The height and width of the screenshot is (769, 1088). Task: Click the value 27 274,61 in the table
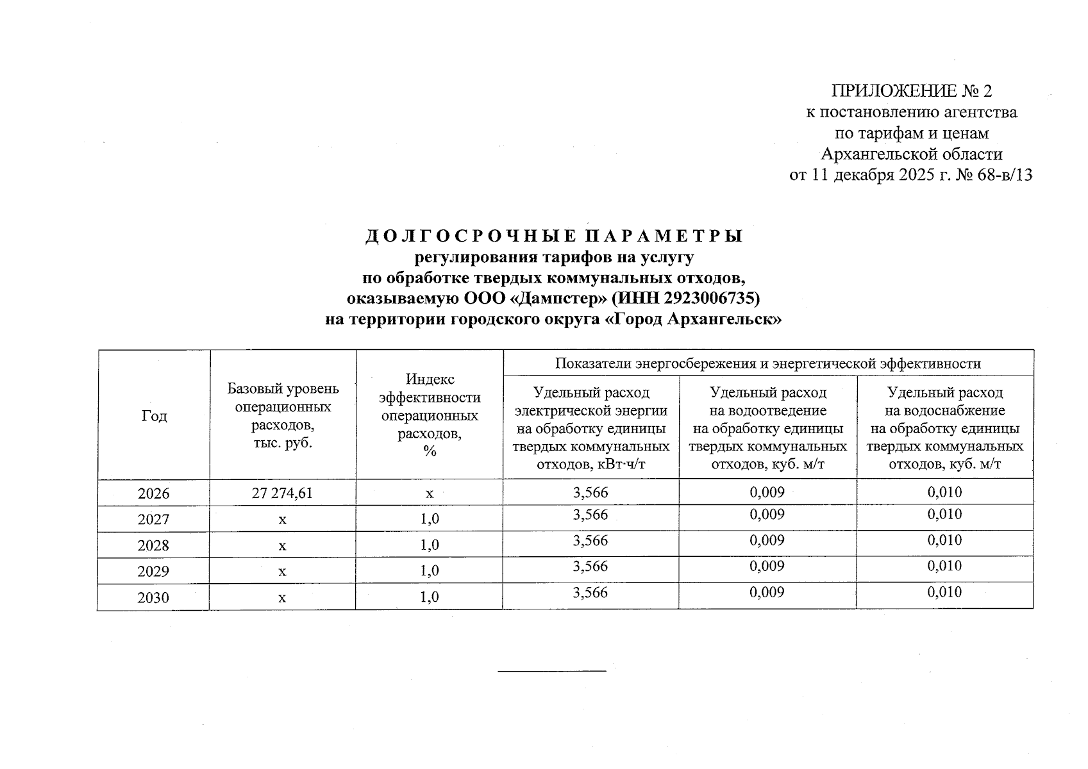click(282, 493)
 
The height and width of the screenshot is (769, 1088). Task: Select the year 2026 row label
click(154, 493)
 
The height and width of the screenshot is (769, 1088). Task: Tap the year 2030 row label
click(154, 598)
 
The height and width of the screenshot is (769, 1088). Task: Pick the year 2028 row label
click(154, 545)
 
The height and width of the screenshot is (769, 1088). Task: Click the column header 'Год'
click(154, 416)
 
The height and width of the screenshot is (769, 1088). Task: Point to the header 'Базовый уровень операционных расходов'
click(283, 415)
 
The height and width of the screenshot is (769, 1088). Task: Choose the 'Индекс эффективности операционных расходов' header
click(430, 415)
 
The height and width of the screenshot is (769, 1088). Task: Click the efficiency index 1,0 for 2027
click(430, 519)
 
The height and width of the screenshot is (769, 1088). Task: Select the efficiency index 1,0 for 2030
click(430, 597)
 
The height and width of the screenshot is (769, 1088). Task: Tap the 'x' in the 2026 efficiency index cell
click(430, 493)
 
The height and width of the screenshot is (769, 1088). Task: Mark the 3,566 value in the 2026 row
click(590, 492)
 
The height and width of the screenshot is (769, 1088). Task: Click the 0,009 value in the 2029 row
click(767, 566)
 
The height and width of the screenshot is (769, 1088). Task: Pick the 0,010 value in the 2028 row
click(944, 540)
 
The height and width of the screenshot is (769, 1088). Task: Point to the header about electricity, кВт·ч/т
click(590, 427)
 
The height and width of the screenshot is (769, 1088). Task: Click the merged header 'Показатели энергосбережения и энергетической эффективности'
click(767, 364)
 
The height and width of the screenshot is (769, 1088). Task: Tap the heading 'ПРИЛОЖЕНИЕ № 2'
click(911, 90)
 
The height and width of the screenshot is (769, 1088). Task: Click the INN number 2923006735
click(710, 298)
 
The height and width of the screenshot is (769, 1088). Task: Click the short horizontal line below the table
click(552, 671)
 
